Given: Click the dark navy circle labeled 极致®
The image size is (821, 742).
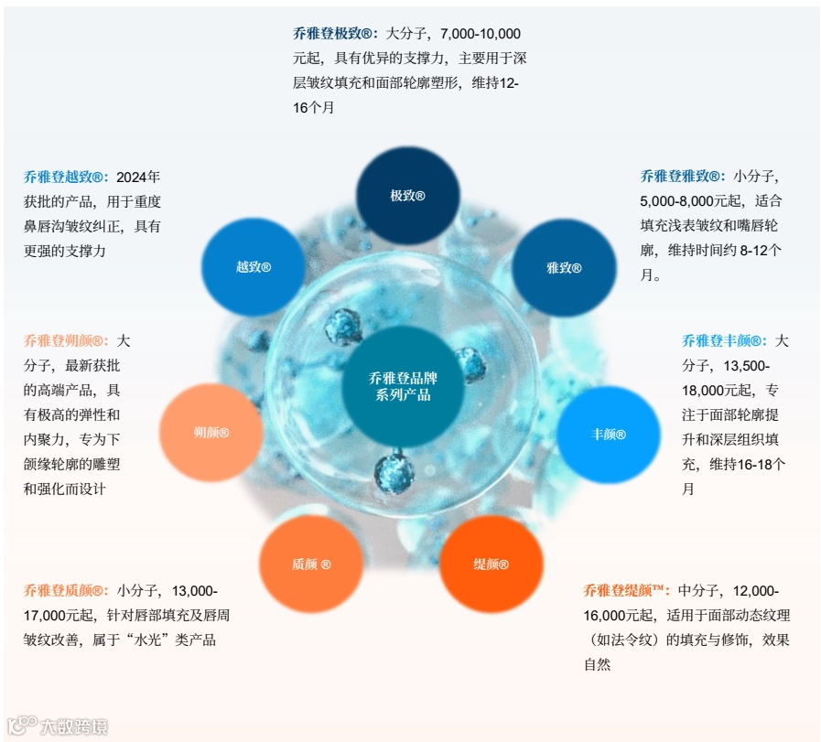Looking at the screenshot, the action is [x=407, y=196].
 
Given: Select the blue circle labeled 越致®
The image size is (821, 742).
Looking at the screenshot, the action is [x=253, y=267].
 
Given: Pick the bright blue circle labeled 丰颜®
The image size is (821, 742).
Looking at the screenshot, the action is [x=609, y=434].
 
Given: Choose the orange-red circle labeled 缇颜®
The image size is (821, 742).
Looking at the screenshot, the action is [x=491, y=564].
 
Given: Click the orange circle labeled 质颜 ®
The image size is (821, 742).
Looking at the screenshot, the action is [x=311, y=564].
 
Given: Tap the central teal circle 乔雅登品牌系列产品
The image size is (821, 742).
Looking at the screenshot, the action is [x=399, y=386].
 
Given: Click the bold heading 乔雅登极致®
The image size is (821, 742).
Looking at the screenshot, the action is [x=335, y=33].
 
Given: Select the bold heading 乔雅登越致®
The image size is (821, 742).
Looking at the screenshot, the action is [x=67, y=177].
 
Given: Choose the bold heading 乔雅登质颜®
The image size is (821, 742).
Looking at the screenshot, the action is [x=67, y=591].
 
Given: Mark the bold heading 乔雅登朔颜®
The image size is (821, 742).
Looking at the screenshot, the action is [x=67, y=341].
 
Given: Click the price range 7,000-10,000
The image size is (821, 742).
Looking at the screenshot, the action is [x=481, y=33].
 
